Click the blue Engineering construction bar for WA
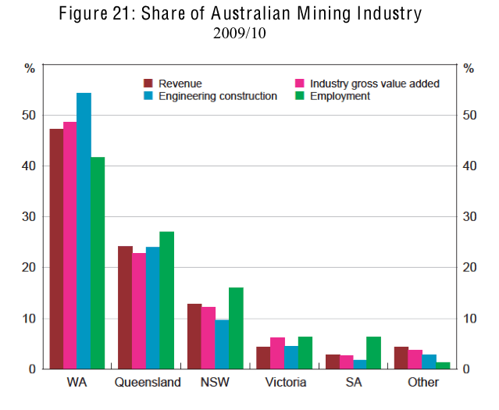pyautogui.click(x=84, y=230)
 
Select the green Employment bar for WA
pyautogui.click(x=97, y=262)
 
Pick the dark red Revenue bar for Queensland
pyautogui.click(x=124, y=307)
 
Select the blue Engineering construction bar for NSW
pyautogui.click(x=223, y=344)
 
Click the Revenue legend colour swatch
pyautogui.click(x=148, y=83)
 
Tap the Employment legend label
pyautogui.click(x=340, y=96)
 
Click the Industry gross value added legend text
pyautogui.click(x=375, y=84)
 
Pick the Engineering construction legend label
pyautogui.click(x=218, y=96)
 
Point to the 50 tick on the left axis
pyautogui.click(x=29, y=115)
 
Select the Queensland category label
pyautogui.click(x=148, y=383)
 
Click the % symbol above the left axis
pyautogui.click(x=30, y=68)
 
